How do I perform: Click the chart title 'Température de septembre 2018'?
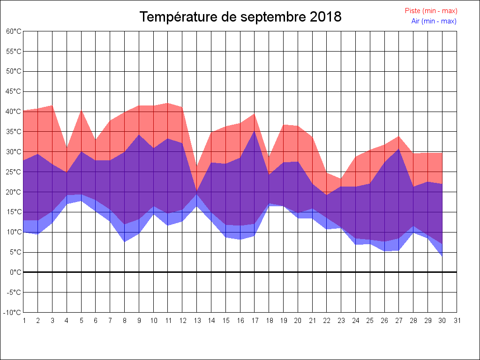pyautogui.click(x=240, y=17)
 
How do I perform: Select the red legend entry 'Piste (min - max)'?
pyautogui.click(x=431, y=11)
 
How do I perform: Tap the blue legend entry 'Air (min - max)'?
pyautogui.click(x=433, y=21)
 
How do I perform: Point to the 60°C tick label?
pyautogui.click(x=14, y=31)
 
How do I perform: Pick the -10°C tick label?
pyautogui.click(x=13, y=313)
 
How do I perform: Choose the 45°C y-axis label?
pyautogui.click(x=14, y=91)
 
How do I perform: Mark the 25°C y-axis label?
pyautogui.click(x=14, y=172)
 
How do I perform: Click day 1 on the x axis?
pyautogui.click(x=23, y=321)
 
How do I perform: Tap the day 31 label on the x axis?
pyautogui.click(x=457, y=321)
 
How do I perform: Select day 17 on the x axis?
pyautogui.click(x=255, y=321)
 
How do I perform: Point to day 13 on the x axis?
pyautogui.click(x=197, y=321)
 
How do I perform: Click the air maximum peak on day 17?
pyautogui.click(x=255, y=131)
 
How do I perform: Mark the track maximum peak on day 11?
pyautogui.click(x=168, y=103)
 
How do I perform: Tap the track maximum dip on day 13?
pyautogui.click(x=197, y=166)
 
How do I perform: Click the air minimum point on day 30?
pyautogui.click(x=442, y=256)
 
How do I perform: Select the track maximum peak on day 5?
pyautogui.click(x=81, y=110)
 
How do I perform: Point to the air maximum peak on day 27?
pyautogui.click(x=399, y=149)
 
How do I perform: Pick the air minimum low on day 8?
pyautogui.click(x=125, y=242)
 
